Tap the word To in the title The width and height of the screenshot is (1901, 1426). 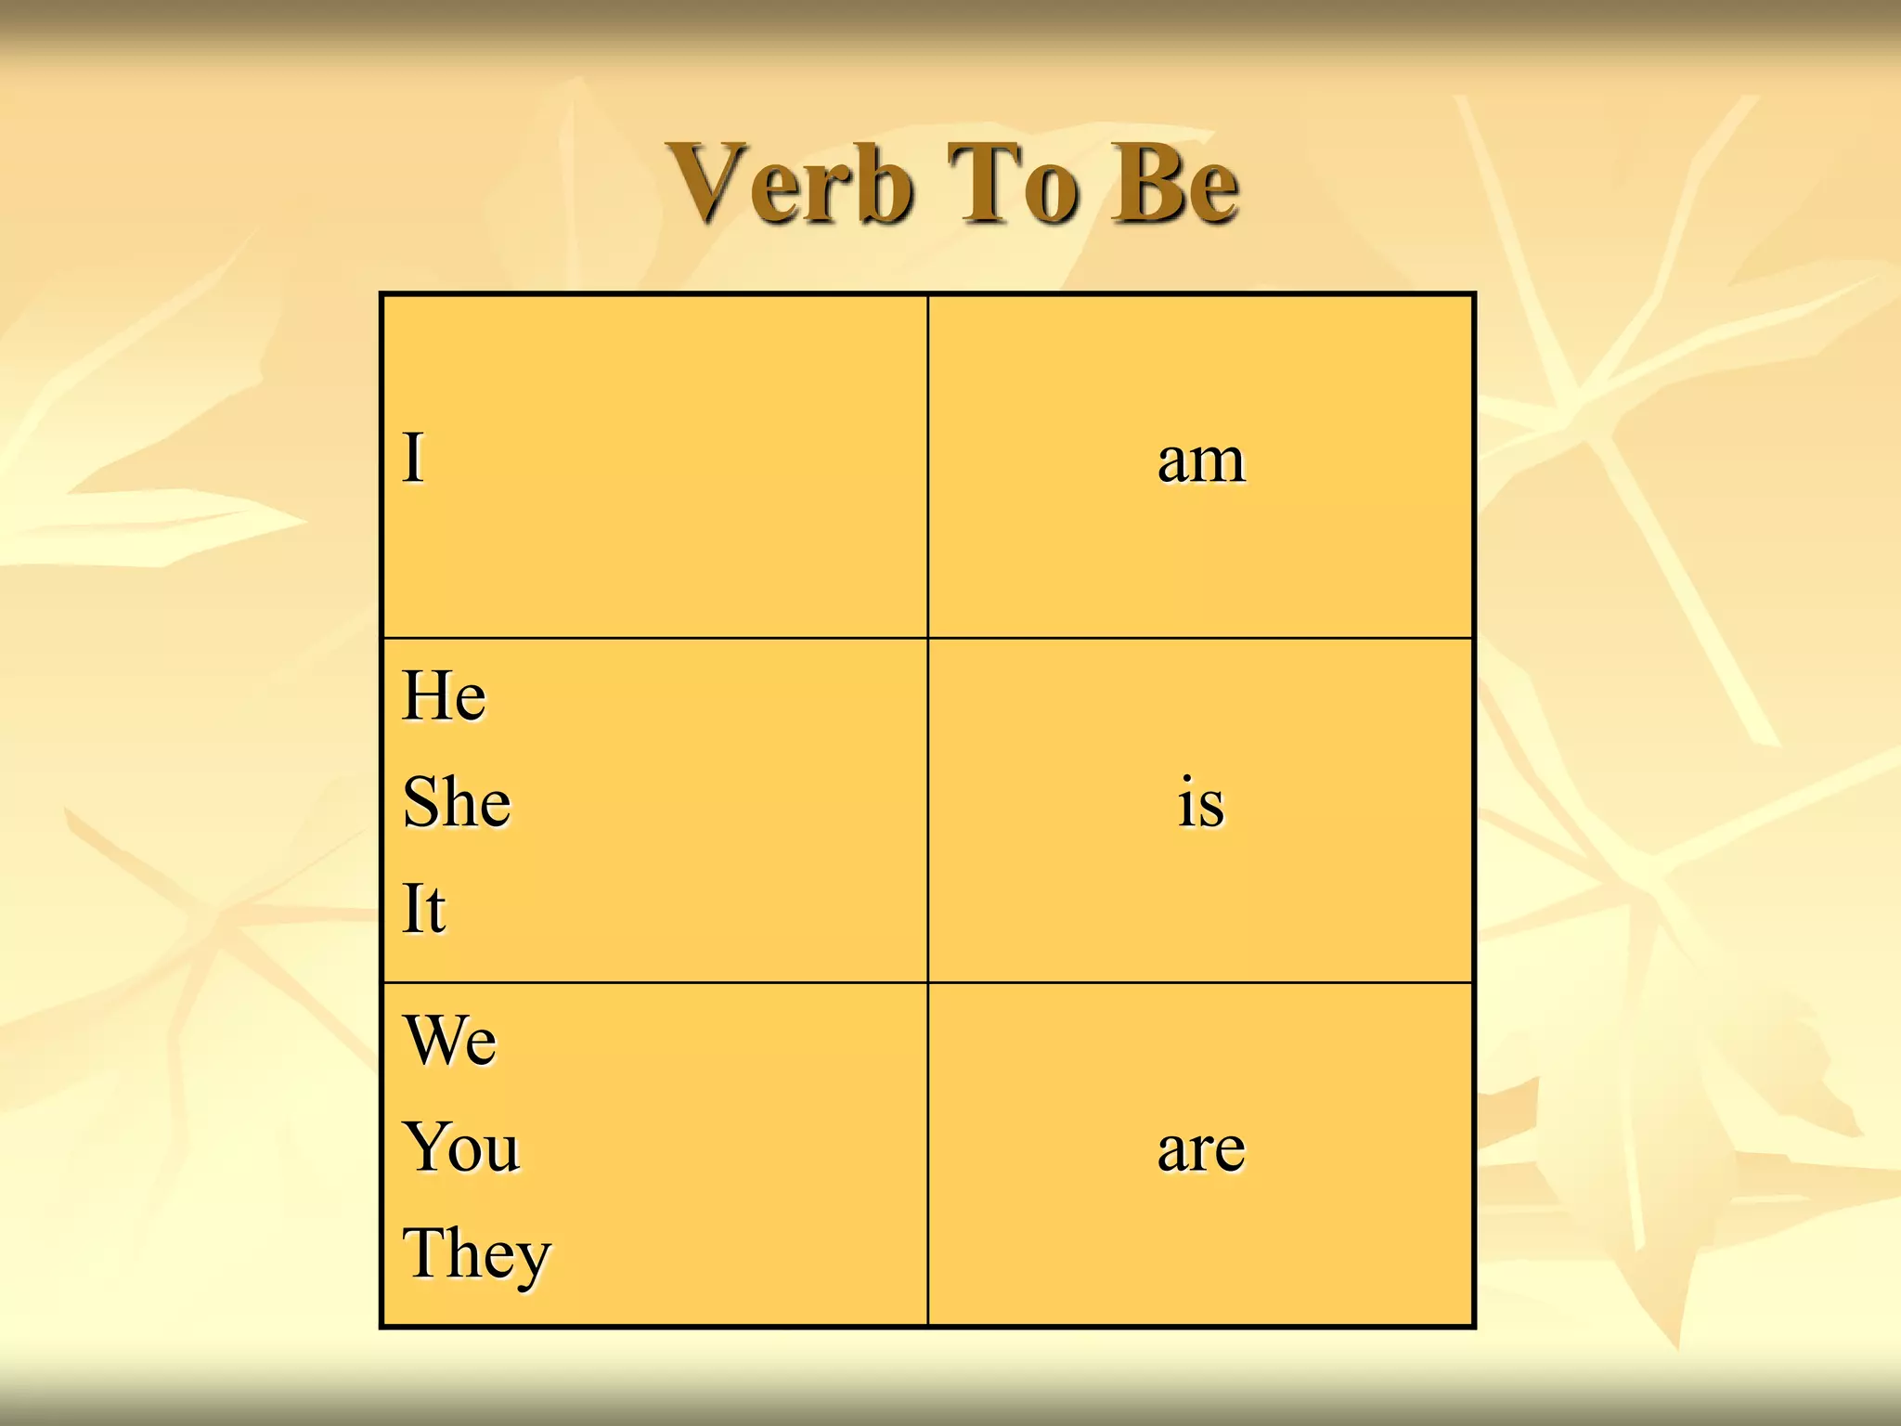(x=1015, y=184)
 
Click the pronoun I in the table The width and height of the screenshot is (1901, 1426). (x=413, y=458)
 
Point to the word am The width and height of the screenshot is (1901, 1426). (x=1201, y=460)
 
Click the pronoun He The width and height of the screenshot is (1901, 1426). (x=444, y=695)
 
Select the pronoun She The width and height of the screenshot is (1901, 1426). (x=457, y=802)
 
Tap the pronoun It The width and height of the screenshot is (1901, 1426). (x=424, y=908)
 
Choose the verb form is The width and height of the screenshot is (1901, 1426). (x=1201, y=803)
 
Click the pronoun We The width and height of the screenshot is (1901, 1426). (x=450, y=1040)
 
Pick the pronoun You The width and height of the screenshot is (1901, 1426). (x=461, y=1147)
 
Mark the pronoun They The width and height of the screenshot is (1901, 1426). (x=476, y=1254)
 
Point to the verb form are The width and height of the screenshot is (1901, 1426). (x=1201, y=1149)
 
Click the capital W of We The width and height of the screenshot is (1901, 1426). (x=434, y=1040)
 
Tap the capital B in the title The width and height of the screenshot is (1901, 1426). (x=1147, y=183)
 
